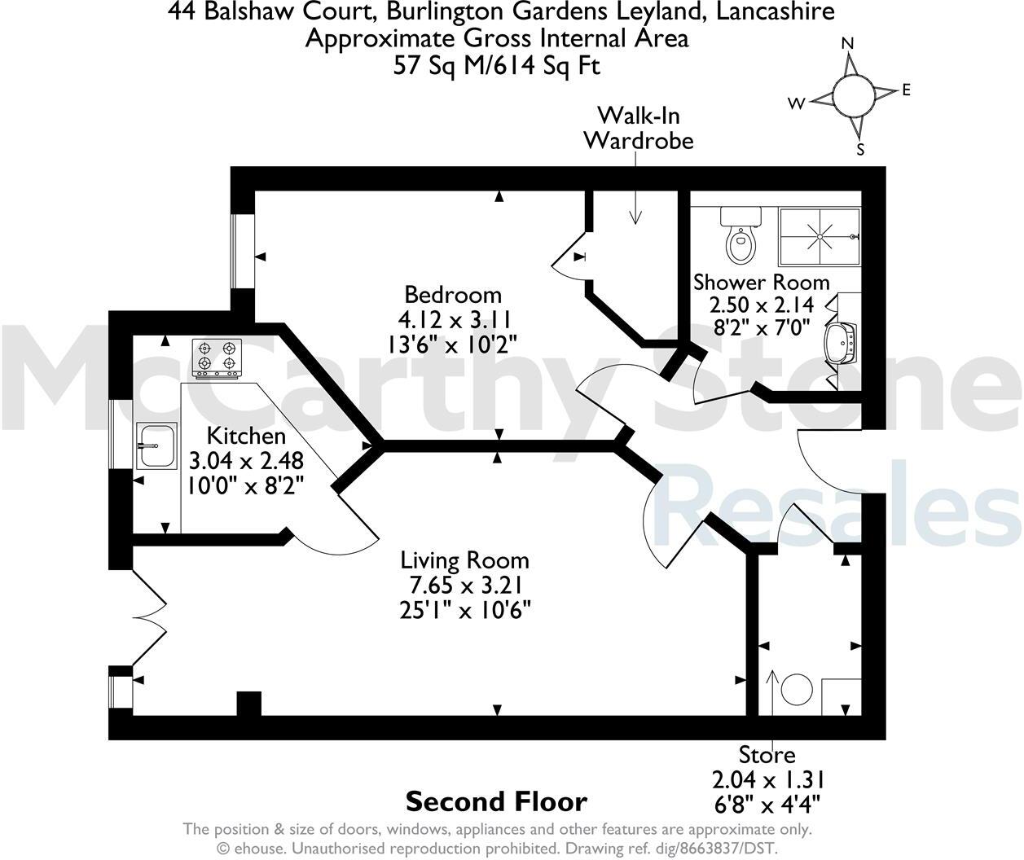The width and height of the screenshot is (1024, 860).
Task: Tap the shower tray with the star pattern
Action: pos(819,237)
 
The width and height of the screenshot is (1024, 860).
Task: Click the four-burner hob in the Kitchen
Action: pos(218,358)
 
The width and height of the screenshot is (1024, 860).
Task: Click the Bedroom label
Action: pos(453,294)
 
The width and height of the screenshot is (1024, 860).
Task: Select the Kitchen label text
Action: pos(246,436)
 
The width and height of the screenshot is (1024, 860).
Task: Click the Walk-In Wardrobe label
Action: pos(638,127)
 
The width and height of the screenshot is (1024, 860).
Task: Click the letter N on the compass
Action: pos(847,43)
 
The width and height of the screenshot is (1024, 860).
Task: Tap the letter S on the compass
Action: pos(860,149)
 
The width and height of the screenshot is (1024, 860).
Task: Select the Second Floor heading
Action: pos(496,801)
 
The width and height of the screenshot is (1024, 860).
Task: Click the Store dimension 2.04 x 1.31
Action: pos(767,779)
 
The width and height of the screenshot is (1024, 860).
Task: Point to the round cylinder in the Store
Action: pos(797,691)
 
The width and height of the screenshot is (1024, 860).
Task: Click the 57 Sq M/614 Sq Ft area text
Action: pos(496,65)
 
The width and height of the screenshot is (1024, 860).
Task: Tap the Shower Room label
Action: pos(761,283)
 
